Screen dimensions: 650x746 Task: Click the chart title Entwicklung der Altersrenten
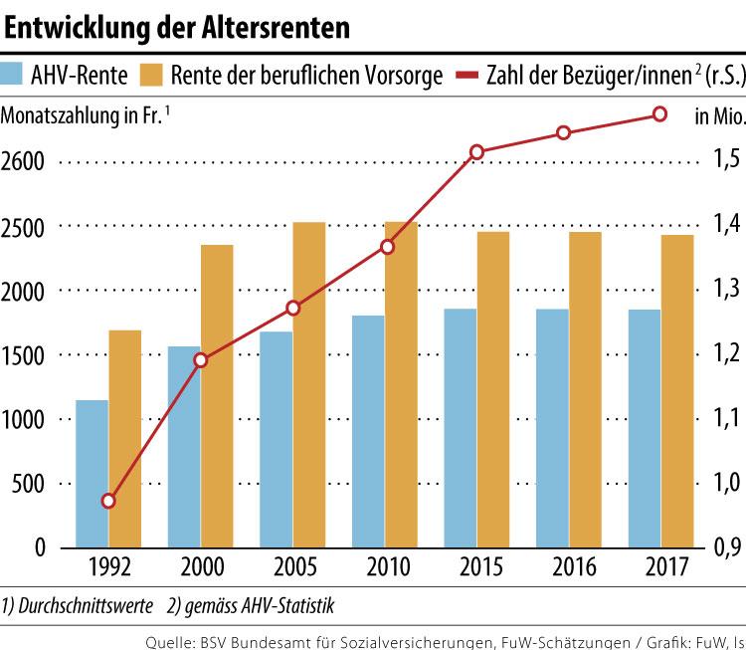[x=178, y=28]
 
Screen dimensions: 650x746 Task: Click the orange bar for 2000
[x=217, y=396]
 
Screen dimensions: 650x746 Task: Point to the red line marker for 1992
[x=108, y=501]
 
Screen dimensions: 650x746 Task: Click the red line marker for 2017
[x=658, y=114]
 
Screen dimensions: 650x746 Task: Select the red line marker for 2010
[x=387, y=247]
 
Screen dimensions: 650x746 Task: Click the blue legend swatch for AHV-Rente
[x=14, y=76]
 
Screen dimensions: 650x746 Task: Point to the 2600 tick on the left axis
[x=28, y=161]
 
